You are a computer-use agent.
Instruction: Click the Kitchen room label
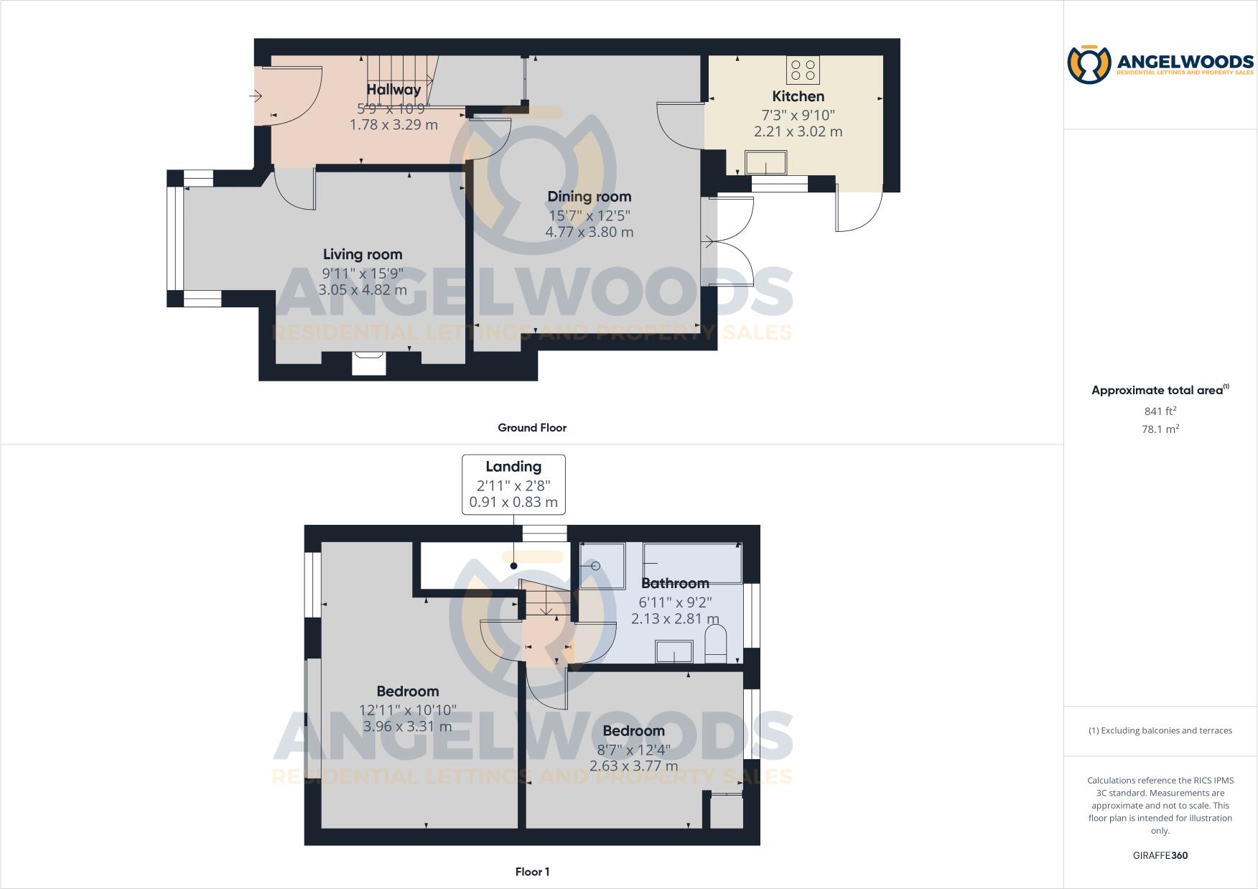798,96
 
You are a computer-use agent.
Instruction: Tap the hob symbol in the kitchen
803,70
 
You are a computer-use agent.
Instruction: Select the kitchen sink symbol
766,162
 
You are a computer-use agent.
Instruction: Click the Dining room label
589,197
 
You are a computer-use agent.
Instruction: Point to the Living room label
363,254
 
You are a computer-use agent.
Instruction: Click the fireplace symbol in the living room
369,363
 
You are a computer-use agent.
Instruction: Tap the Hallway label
393,90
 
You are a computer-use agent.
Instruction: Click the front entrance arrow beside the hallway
256,96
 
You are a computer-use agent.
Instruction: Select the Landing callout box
513,484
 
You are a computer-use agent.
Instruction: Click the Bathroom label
675,583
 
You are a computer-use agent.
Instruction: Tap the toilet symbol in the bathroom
716,644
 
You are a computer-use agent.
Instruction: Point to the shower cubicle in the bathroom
602,565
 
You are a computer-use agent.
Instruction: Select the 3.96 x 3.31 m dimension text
407,726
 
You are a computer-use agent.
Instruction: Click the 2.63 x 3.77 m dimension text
633,765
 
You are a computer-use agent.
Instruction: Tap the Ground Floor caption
532,427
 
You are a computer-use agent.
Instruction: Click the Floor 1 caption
532,872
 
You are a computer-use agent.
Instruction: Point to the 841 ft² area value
1160,411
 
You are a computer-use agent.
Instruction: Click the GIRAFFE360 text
1160,855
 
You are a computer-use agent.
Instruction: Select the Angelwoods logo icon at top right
1089,65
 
